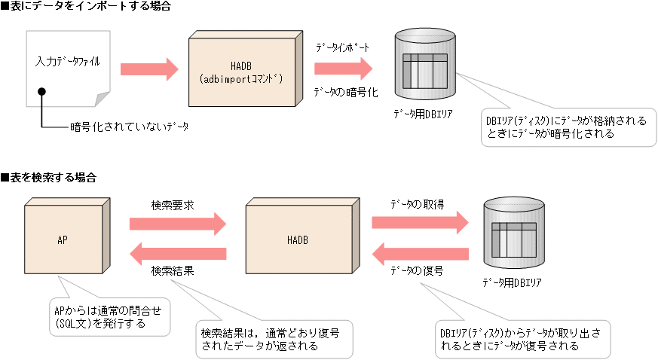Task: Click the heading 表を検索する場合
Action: pyautogui.click(x=49, y=178)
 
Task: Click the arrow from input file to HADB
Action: pyautogui.click(x=148, y=70)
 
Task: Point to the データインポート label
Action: pyautogui.click(x=342, y=47)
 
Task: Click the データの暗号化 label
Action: pyautogui.click(x=345, y=92)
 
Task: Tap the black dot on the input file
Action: pyautogui.click(x=42, y=92)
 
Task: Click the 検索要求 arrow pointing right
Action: pyautogui.click(x=178, y=223)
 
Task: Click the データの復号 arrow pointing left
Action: pyautogui.click(x=420, y=253)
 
